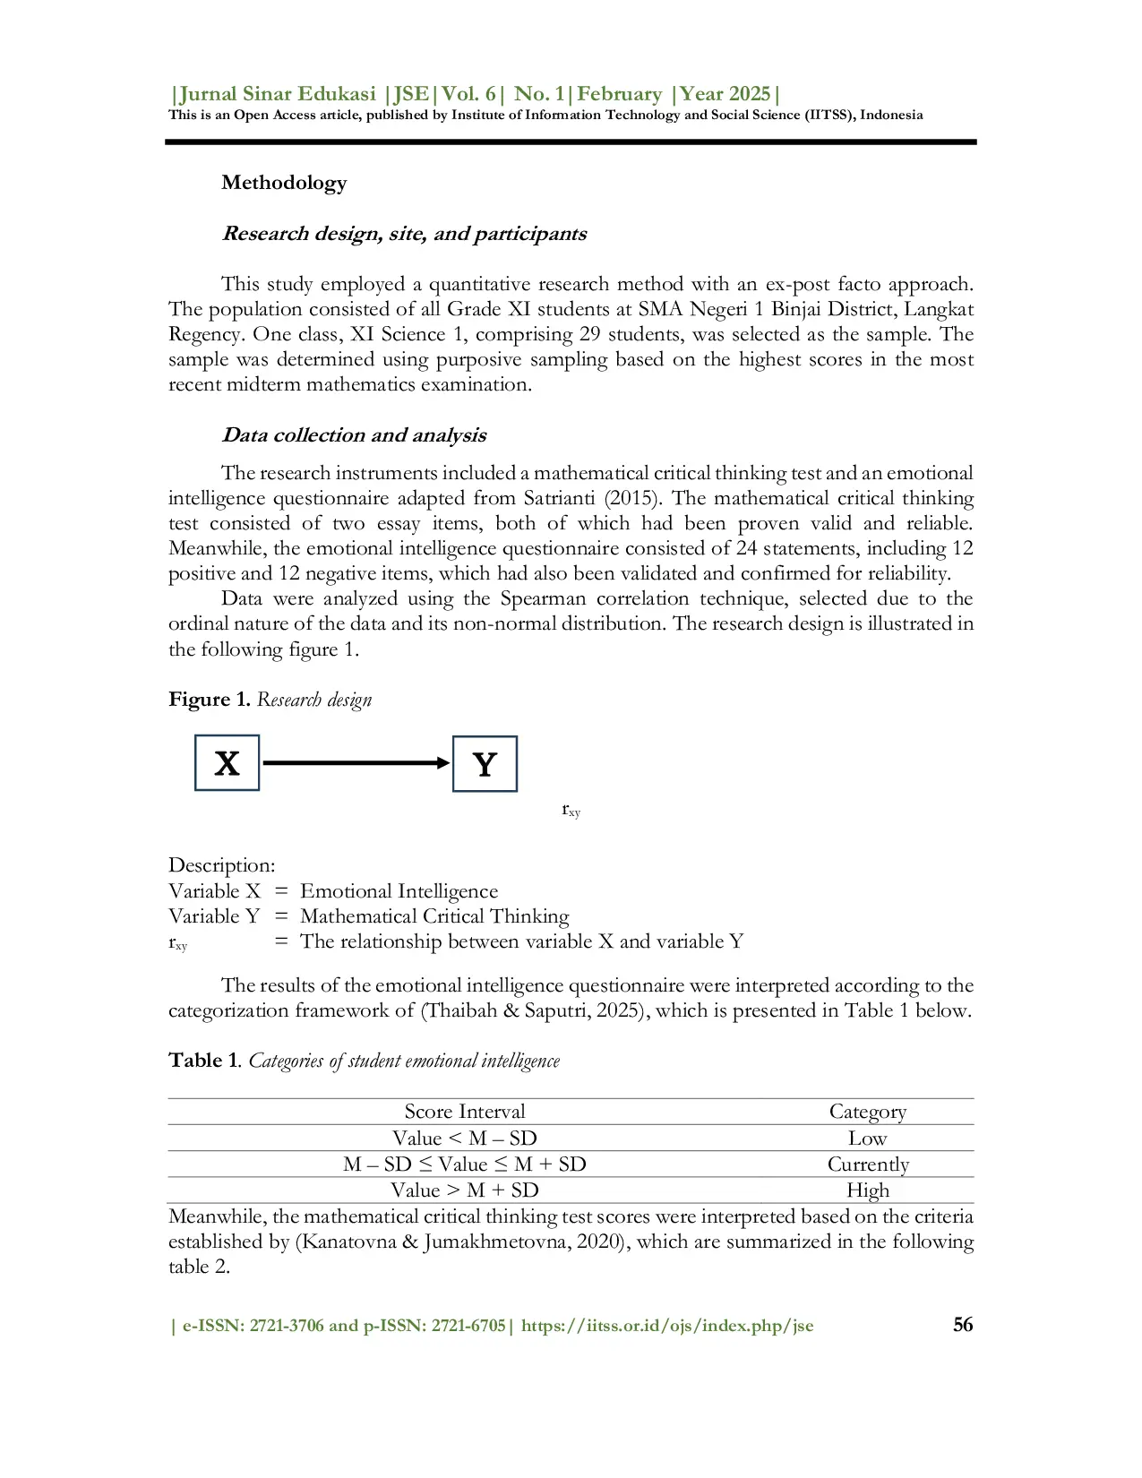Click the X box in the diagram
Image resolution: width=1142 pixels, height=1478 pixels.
click(x=227, y=763)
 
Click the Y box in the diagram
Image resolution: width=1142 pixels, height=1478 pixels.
click(x=485, y=764)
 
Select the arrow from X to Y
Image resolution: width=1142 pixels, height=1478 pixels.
click(x=356, y=763)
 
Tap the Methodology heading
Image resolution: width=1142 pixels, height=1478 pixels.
click(x=284, y=183)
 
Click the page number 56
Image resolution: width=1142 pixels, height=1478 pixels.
click(x=963, y=1325)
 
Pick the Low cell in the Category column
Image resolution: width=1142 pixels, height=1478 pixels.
click(x=867, y=1139)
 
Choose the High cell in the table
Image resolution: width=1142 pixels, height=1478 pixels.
click(x=867, y=1190)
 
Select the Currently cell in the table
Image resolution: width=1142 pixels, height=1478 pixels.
click(x=867, y=1164)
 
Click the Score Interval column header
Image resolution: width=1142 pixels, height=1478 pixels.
click(x=464, y=1112)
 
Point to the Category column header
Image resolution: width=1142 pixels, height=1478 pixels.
click(x=867, y=1112)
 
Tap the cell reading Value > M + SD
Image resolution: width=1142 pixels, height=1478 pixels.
click(x=464, y=1190)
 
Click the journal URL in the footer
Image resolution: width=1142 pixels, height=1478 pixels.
click(x=667, y=1326)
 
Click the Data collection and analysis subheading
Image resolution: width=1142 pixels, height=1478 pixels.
click(x=354, y=435)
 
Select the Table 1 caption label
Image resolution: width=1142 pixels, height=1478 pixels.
click(x=204, y=1061)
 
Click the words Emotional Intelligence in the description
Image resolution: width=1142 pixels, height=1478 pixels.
click(x=399, y=891)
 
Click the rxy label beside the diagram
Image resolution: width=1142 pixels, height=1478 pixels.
click(x=571, y=810)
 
